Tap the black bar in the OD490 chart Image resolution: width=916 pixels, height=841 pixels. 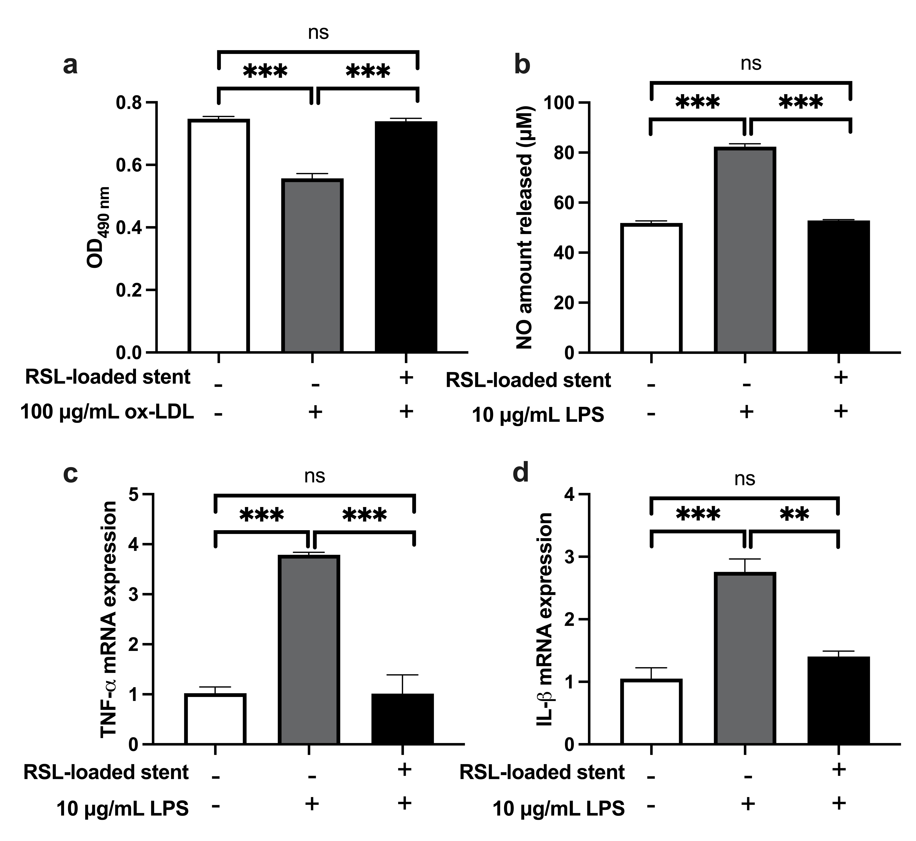click(406, 237)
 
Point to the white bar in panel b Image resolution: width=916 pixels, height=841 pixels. click(651, 288)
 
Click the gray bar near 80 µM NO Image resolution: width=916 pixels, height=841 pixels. click(745, 249)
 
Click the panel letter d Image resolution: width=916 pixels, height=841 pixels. click(521, 473)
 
